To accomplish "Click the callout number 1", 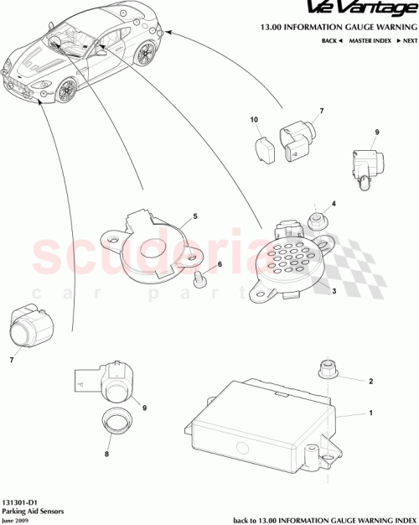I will pos(370,413).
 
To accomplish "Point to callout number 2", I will pos(370,382).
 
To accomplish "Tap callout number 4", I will pos(333,203).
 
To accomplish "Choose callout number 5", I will pos(195,216).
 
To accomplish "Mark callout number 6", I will pos(220,264).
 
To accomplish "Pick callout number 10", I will pos(254,120).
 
